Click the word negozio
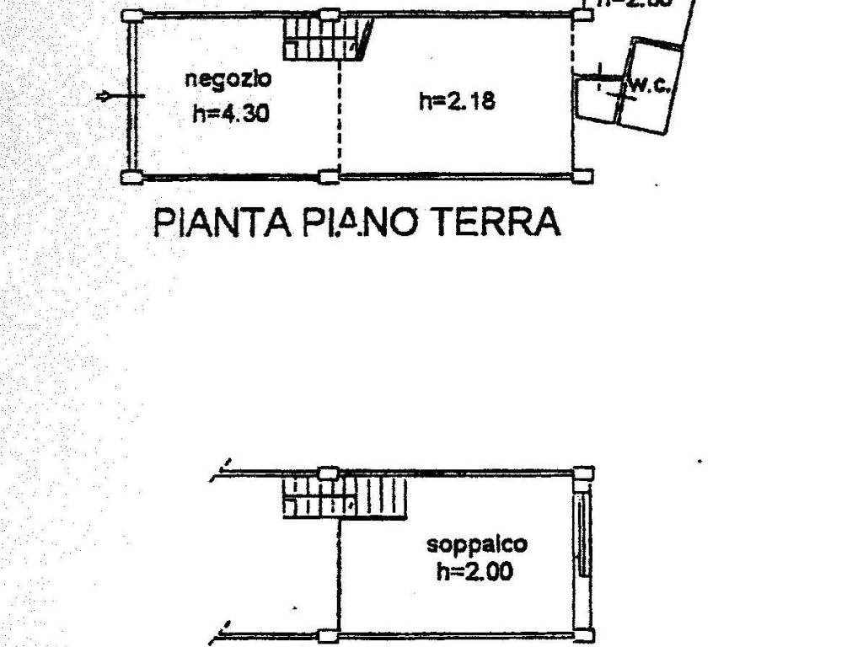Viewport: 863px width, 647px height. pyautogui.click(x=228, y=80)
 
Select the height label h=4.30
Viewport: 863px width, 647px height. pyautogui.click(x=230, y=113)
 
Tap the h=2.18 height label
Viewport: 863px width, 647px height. pyautogui.click(x=457, y=102)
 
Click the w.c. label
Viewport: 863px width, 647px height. pyautogui.click(x=648, y=85)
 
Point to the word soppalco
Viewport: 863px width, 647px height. pyautogui.click(x=477, y=544)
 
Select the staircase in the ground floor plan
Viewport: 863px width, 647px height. pyautogui.click(x=325, y=40)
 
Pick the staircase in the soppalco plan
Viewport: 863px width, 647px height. pyautogui.click(x=346, y=495)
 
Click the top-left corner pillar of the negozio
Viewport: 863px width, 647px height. pyautogui.click(x=131, y=15)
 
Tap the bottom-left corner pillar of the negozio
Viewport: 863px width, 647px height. pyautogui.click(x=131, y=176)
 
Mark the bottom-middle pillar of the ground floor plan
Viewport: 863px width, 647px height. pyautogui.click(x=330, y=176)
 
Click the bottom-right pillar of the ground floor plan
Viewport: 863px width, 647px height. pyautogui.click(x=583, y=176)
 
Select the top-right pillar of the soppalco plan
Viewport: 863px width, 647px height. pyautogui.click(x=583, y=473)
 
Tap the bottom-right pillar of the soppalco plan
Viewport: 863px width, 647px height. pyautogui.click(x=583, y=635)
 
